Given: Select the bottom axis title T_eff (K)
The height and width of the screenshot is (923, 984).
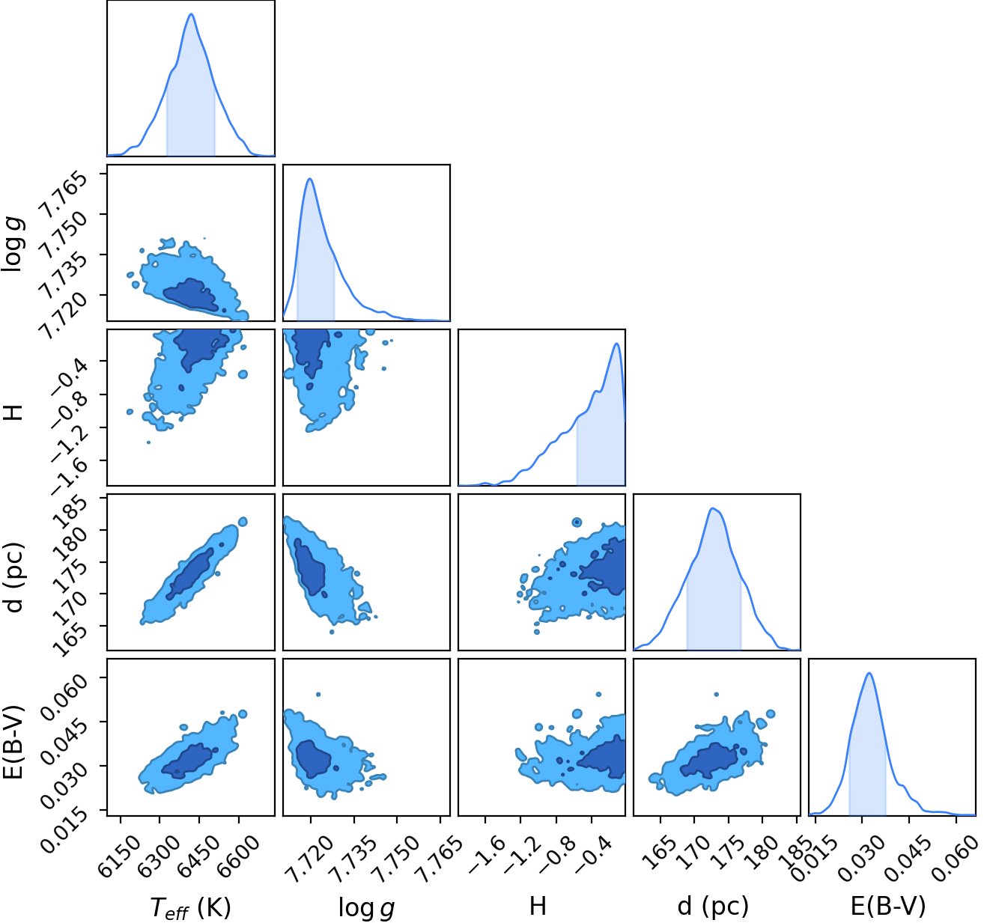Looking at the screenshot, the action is pos(191,907).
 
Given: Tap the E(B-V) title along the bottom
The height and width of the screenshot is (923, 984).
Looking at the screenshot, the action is pos(888,906).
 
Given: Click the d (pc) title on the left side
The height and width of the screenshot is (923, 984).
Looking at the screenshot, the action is pos(14,577).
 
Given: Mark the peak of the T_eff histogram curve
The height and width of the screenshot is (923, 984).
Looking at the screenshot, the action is pos(191,14).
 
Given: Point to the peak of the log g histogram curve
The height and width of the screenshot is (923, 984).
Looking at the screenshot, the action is pos(310,179).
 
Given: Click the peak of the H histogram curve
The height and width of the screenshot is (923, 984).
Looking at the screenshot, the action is pos(616,344).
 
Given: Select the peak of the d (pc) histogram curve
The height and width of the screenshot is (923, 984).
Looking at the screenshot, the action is pos(712,508).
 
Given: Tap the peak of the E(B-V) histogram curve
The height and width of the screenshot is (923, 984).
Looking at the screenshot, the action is pos(869,673).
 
